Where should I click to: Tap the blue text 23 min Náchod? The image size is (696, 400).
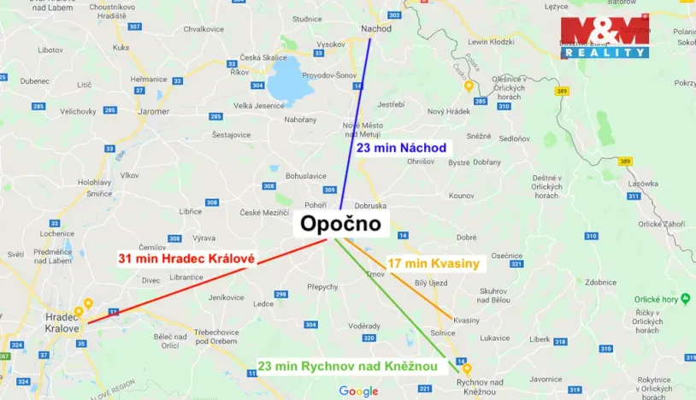pos(401,148)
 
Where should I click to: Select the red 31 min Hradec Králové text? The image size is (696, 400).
pos(186,257)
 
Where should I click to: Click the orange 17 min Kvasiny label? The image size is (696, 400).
pos(434,262)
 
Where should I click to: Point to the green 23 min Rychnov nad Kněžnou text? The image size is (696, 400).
pos(348,367)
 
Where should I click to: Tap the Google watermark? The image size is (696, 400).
pos(358,391)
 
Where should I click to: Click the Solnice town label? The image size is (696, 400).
pos(443,332)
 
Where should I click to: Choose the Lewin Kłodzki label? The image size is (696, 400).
pos(489,41)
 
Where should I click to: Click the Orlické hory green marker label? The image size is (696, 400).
pos(655,299)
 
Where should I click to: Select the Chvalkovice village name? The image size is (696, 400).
pos(203,28)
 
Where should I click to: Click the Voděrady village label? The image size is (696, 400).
pos(364,326)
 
